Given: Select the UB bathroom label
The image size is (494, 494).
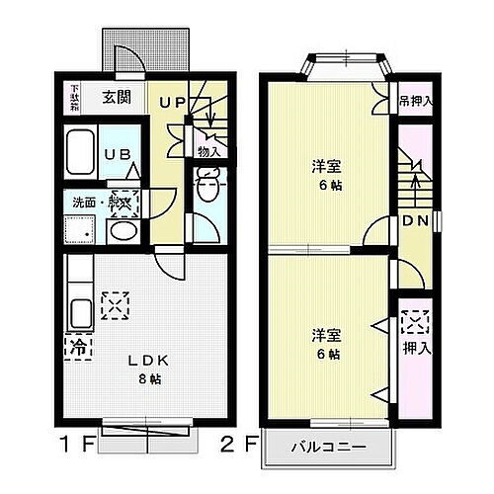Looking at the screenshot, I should tap(116, 154).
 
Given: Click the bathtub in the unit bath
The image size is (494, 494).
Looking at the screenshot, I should tap(82, 154).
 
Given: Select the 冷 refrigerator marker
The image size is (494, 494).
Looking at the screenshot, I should tap(76, 346).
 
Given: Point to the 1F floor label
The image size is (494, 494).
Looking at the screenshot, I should tap(80, 443).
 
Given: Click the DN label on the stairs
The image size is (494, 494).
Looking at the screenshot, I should tap(414, 223).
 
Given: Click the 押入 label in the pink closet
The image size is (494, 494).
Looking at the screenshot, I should tap(415, 347).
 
